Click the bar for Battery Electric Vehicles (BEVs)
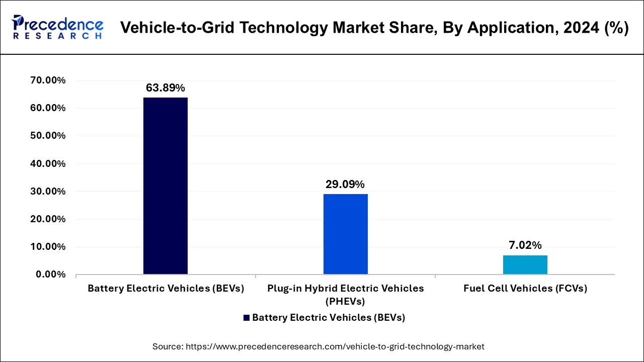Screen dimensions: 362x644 [x=166, y=186]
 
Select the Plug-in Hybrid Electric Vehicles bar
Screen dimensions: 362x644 [x=346, y=234]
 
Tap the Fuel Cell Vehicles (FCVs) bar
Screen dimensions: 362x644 [x=525, y=264]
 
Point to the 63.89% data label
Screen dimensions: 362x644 [x=166, y=88]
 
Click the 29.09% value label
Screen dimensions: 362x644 [x=345, y=185]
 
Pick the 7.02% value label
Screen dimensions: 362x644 [x=525, y=245]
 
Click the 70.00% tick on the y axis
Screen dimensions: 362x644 [x=48, y=80]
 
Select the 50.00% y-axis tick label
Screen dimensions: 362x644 [x=48, y=136]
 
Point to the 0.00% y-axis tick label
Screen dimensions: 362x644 [x=51, y=275]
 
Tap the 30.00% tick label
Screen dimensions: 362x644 [x=48, y=192]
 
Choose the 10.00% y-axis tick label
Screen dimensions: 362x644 [x=48, y=247]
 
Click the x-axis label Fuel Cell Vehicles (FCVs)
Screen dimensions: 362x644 [x=525, y=289]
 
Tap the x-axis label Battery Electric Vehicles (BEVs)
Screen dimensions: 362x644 [x=166, y=289]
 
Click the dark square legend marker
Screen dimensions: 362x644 [x=247, y=318]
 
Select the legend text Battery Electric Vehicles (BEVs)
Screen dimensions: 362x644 [x=329, y=318]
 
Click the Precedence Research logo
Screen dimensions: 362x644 [x=58, y=27]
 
